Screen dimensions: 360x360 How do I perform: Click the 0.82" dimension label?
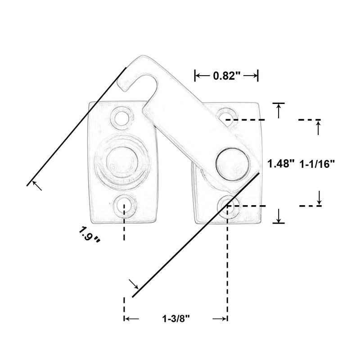coord(227,76)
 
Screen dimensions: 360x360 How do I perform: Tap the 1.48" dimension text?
coord(281,164)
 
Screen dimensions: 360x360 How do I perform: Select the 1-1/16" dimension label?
coord(317,164)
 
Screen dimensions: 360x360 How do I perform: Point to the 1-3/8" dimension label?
coord(176,319)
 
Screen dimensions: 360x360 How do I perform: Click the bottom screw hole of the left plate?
coord(124,206)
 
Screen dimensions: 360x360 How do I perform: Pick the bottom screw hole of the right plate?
coord(229,206)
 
